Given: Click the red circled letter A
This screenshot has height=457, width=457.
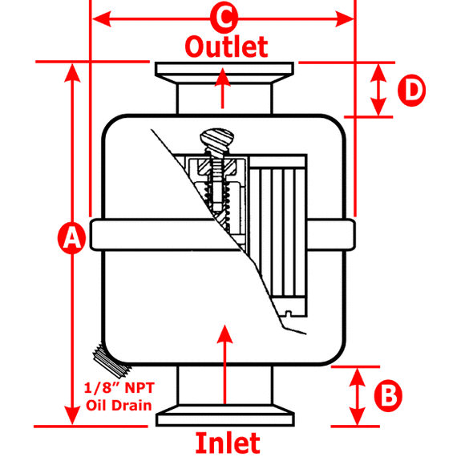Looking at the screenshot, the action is tap(71, 237).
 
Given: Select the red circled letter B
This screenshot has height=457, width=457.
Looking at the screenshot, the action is tap(388, 395).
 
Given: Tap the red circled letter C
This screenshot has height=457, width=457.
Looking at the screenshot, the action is tap(224, 18).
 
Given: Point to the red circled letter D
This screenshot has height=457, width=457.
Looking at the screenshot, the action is tap(411, 91).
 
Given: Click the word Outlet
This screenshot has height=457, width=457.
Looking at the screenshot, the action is tap(226, 47).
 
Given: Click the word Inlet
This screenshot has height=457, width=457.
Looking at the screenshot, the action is tap(228, 443).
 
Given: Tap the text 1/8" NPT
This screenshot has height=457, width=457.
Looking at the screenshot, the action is tap(119, 388).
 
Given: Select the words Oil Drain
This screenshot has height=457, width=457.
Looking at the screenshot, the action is tap(119, 406).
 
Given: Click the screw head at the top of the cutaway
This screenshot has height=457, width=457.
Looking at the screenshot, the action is tap(216, 139).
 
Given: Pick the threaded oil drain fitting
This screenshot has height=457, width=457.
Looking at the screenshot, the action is tap(111, 360).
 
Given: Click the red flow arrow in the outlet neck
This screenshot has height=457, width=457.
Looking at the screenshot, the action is tap(223, 88).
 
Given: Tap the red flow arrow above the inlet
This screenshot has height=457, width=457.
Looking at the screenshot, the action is tap(224, 364).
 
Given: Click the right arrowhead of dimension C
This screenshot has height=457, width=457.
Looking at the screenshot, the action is tap(344, 19).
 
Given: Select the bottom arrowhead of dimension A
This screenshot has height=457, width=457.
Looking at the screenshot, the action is tap(72, 415).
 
